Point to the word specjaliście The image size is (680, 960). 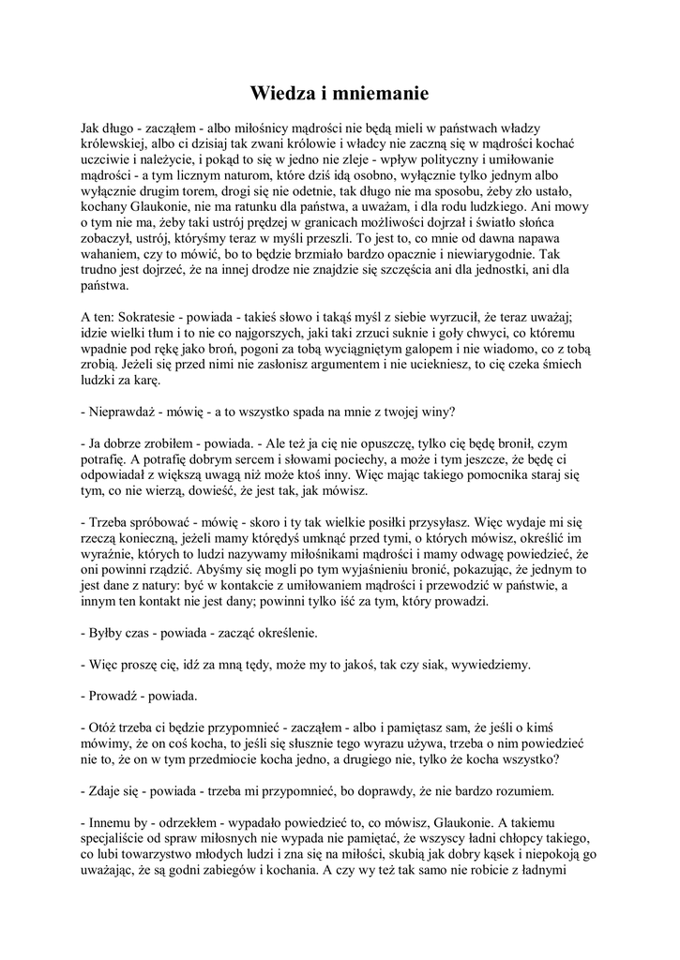[x=117, y=843]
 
